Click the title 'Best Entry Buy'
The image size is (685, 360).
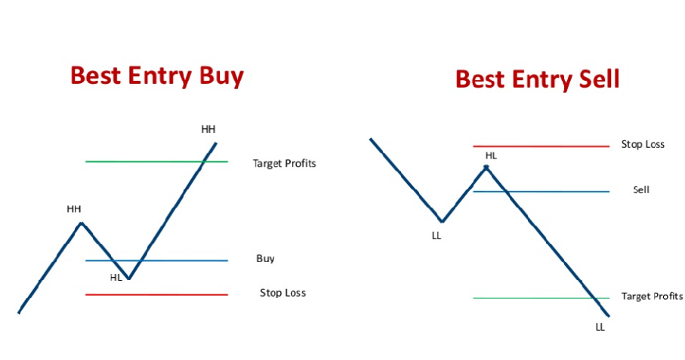point(157,76)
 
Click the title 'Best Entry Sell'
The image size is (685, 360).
point(537,79)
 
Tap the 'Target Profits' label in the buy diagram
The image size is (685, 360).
point(285,164)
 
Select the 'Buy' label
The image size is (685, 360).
point(265,259)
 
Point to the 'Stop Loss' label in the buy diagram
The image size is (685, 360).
point(282,293)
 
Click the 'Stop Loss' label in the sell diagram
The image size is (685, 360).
point(643,144)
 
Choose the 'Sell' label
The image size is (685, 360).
point(641,190)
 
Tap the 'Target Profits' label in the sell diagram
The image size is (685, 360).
point(652,297)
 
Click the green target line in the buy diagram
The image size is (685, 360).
point(156,162)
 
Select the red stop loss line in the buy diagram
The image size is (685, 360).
point(156,295)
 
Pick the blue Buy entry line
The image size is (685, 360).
point(156,261)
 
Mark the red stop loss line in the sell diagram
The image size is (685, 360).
point(542,146)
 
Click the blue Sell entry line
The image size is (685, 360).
point(542,192)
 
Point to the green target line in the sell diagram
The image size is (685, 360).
point(542,298)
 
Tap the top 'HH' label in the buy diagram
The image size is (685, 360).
point(208,129)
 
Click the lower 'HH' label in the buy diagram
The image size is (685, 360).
point(74,209)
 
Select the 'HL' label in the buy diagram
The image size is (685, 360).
point(116,278)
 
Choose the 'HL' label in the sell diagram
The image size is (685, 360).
point(491,155)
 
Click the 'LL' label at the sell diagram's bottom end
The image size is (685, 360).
point(600,328)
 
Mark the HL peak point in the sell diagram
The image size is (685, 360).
point(486,167)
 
